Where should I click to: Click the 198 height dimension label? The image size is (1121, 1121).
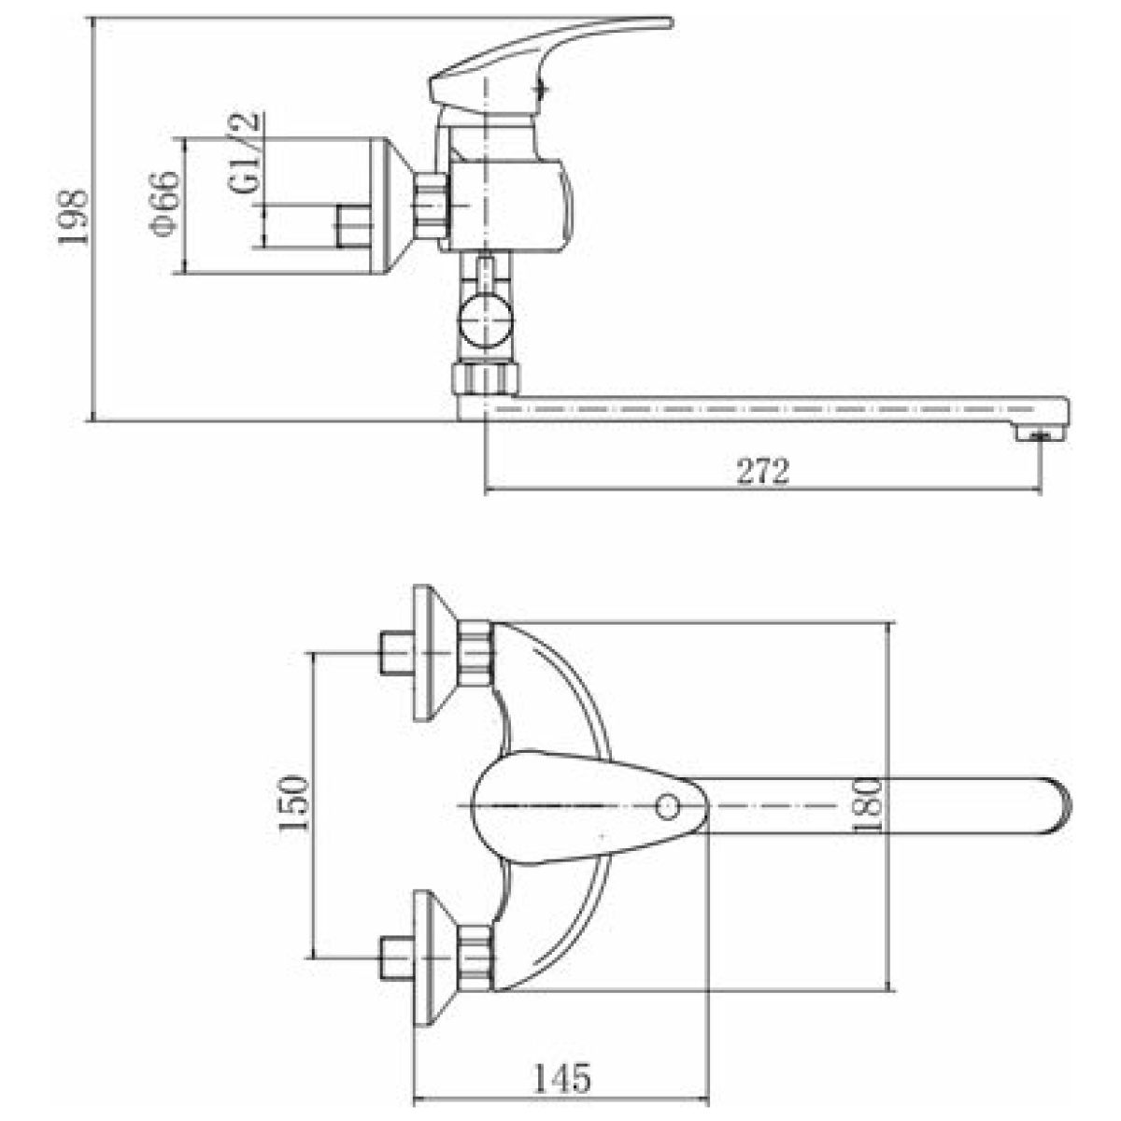pyautogui.click(x=73, y=217)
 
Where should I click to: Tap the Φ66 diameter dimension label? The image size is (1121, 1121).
pyautogui.click(x=164, y=204)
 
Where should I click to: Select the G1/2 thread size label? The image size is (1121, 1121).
pyautogui.click(x=243, y=152)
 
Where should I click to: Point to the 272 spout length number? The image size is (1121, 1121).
pyautogui.click(x=762, y=471)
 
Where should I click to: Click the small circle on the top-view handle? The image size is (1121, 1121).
pyautogui.click(x=667, y=806)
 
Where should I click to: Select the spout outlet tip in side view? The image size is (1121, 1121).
pyautogui.click(x=1042, y=435)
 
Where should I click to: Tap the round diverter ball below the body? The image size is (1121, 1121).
pyautogui.click(x=485, y=321)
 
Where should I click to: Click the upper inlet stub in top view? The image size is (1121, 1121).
pyautogui.click(x=396, y=653)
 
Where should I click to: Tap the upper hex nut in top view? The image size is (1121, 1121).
pyautogui.click(x=475, y=653)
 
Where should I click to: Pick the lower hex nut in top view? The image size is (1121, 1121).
pyautogui.click(x=475, y=958)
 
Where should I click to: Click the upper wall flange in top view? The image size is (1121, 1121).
pyautogui.click(x=434, y=653)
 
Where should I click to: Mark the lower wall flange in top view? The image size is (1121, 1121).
pyautogui.click(x=434, y=958)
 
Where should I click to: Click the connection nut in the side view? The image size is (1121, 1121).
pyautogui.click(x=431, y=206)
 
